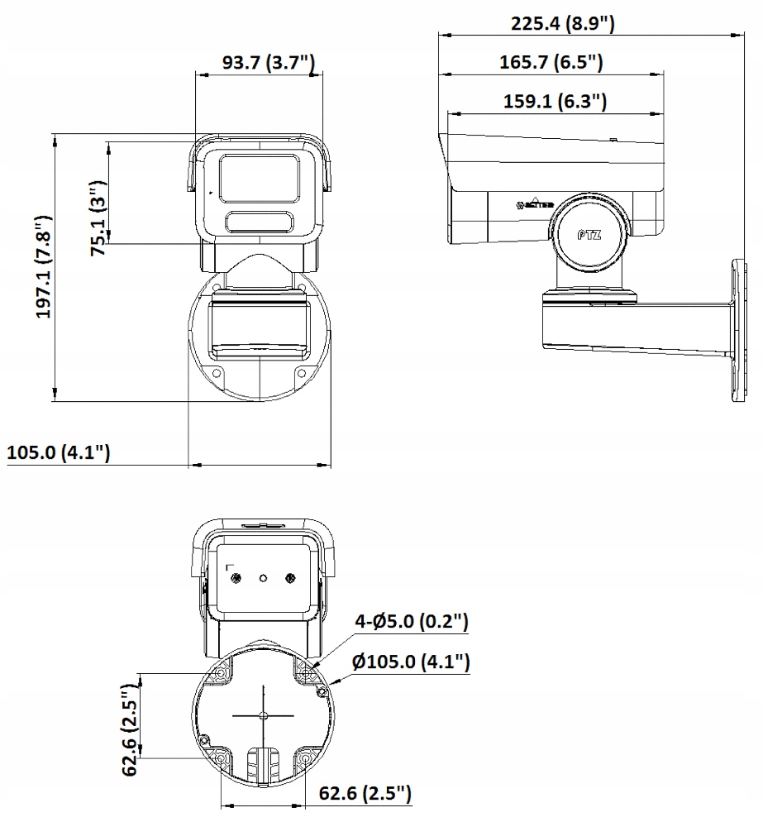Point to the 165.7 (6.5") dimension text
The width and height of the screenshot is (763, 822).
551,62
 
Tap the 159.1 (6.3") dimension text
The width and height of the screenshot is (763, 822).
555,102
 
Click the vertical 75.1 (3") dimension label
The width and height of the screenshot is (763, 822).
98,216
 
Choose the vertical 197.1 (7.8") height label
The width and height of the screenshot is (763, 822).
43,267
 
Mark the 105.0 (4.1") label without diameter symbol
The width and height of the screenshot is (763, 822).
58,453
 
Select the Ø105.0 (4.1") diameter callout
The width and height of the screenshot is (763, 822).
410,662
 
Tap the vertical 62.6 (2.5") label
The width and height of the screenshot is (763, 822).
129,730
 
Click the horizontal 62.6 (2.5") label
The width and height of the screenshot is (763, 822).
365,795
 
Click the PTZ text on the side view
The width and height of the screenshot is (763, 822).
589,234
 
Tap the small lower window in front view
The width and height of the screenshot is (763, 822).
260,222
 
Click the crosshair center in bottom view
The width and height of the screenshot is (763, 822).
262,715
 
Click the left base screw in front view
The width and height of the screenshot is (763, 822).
217,373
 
